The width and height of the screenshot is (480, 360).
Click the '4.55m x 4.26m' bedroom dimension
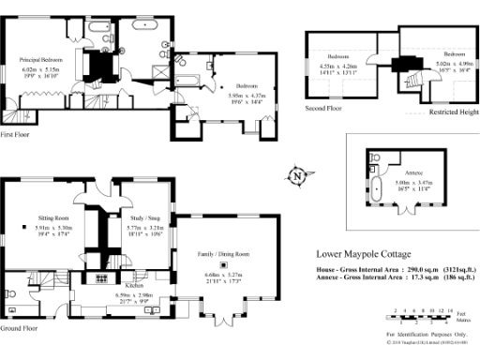coord(338,67)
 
